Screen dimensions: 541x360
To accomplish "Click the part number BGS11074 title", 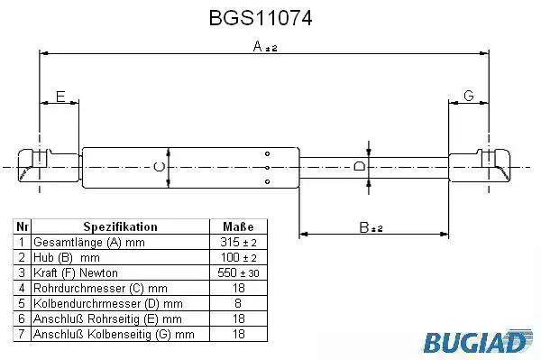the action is pos(261,18).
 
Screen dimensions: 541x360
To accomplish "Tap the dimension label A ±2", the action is pos(264,46).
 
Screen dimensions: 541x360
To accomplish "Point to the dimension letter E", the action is pos(60,97).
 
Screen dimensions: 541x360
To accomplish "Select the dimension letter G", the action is pos(469,96).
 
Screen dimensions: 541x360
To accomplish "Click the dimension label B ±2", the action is pos(371,227).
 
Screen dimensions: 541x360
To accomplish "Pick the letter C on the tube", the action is pos(159,167).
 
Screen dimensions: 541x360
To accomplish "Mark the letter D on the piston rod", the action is pos(360,166).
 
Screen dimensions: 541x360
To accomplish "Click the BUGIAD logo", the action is pos(478,341).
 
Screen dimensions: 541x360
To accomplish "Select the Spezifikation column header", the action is pos(121,226).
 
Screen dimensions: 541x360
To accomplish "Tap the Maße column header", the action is pos(238,226).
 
